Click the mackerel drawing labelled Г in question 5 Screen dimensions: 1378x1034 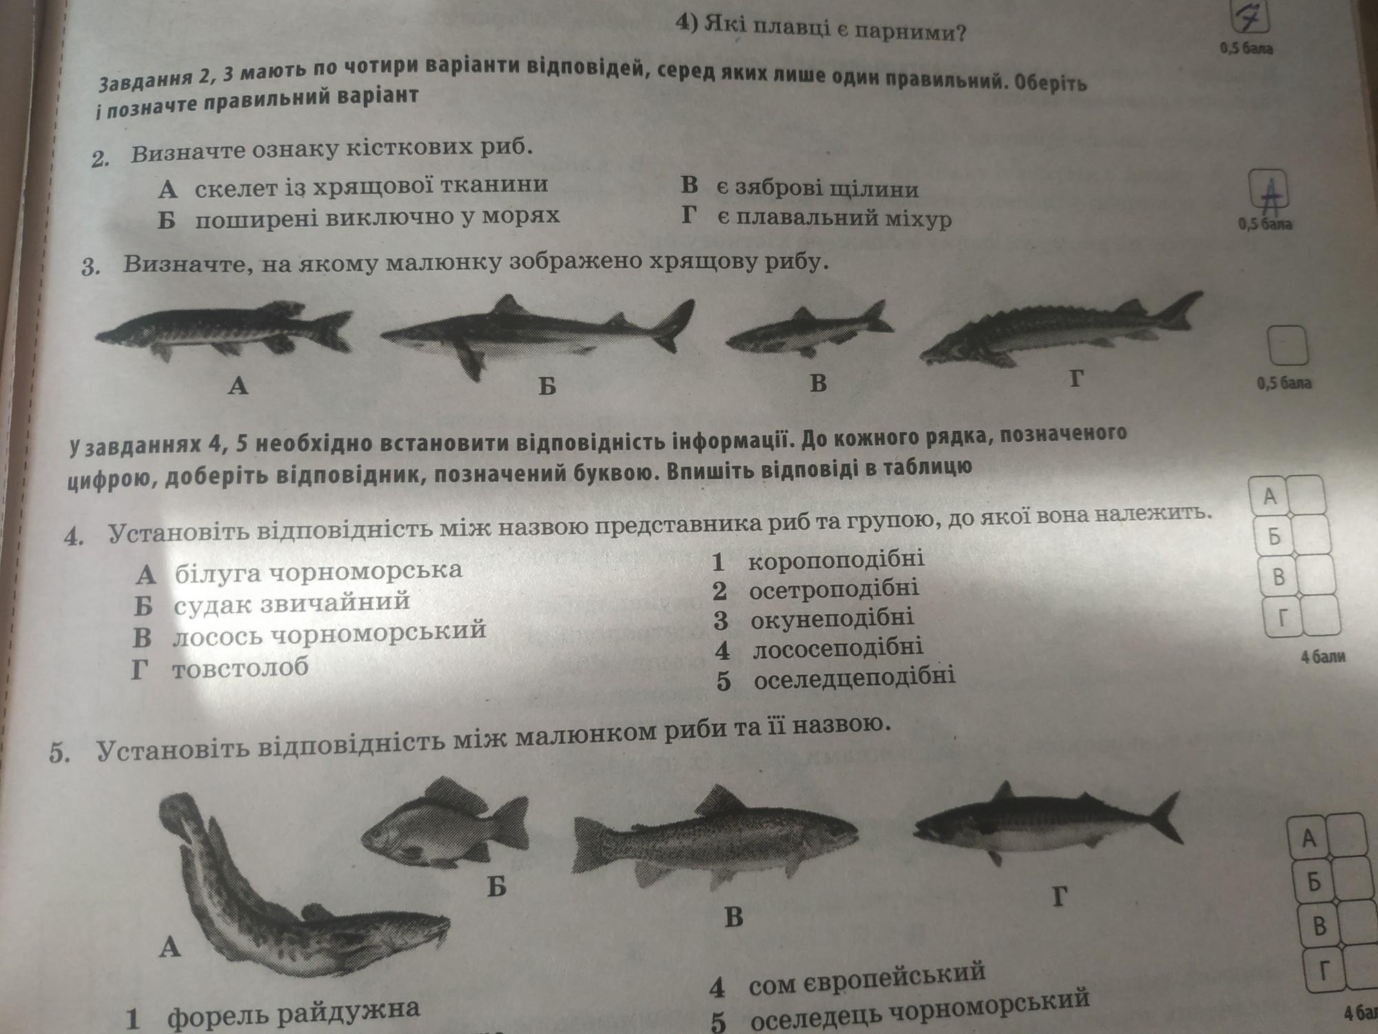tap(1047, 824)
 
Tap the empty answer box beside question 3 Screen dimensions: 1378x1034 tap(1288, 345)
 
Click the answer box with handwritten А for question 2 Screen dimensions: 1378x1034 tap(1269, 190)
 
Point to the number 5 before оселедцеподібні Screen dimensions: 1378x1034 tap(723, 681)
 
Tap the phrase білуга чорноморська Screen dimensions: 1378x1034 tap(318, 571)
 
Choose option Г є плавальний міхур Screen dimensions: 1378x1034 tap(816, 218)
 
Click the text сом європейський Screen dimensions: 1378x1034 tap(867, 975)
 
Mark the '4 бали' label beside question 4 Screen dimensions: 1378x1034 tap(1323, 656)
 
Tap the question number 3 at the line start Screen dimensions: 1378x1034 tap(89, 267)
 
